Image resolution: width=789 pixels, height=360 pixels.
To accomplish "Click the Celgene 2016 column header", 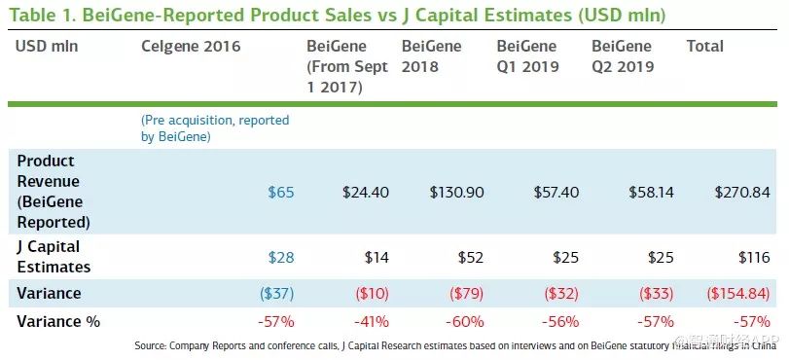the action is tap(191, 47).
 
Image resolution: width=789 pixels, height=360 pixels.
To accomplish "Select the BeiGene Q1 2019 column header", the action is tap(527, 56).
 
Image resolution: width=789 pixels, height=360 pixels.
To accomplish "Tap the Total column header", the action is tap(705, 47).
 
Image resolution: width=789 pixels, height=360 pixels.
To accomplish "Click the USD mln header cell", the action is tap(47, 47).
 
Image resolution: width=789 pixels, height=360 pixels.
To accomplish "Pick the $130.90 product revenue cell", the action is tap(457, 193).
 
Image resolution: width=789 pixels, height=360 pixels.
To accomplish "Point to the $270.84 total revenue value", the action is tap(742, 193).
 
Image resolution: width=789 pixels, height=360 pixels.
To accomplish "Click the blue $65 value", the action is tap(281, 193).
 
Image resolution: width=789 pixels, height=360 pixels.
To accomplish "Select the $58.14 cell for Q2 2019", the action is tap(651, 193).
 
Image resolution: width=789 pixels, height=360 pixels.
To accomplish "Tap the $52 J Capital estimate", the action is tap(471, 258).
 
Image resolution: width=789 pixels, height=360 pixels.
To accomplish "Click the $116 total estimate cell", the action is tap(754, 258).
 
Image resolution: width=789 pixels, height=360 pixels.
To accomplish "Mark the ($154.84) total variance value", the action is tap(738, 294).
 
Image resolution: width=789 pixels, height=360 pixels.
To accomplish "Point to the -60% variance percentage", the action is tap(464, 322).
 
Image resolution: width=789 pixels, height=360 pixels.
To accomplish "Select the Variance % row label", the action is tap(58, 322).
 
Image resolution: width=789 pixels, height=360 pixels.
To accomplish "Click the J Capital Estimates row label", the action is tap(54, 257).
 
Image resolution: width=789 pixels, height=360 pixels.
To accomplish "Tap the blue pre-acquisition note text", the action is tap(215, 128).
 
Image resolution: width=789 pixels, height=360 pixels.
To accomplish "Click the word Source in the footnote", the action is tap(150, 346).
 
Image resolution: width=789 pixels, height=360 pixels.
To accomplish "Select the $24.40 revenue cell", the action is tap(366, 193).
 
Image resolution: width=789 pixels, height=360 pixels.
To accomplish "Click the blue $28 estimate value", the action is tap(281, 258).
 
